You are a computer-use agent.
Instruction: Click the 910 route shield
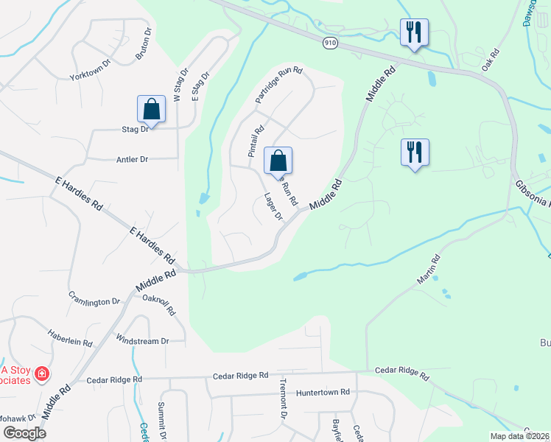pyautogui.click(x=329, y=43)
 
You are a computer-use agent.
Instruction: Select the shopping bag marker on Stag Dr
pyautogui.click(x=151, y=109)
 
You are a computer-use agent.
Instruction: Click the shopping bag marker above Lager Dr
pyautogui.click(x=278, y=160)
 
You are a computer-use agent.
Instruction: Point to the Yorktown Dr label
pyautogui.click(x=89, y=77)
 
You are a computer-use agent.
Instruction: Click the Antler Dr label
pyautogui.click(x=132, y=159)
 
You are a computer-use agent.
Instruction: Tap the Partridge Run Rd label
pyautogui.click(x=279, y=85)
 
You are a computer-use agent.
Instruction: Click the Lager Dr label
pyautogui.click(x=273, y=206)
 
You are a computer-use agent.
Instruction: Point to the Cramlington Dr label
pyautogui.click(x=94, y=301)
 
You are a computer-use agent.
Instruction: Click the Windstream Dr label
pyautogui.click(x=143, y=340)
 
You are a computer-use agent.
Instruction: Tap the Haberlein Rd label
pyautogui.click(x=71, y=343)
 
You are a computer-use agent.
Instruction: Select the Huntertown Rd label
pyautogui.click(x=322, y=393)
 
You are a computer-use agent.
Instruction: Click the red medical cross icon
pyautogui.click(x=43, y=374)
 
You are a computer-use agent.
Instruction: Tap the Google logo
pyautogui.click(x=24, y=432)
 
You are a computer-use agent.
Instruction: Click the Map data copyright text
pyautogui.click(x=519, y=436)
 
